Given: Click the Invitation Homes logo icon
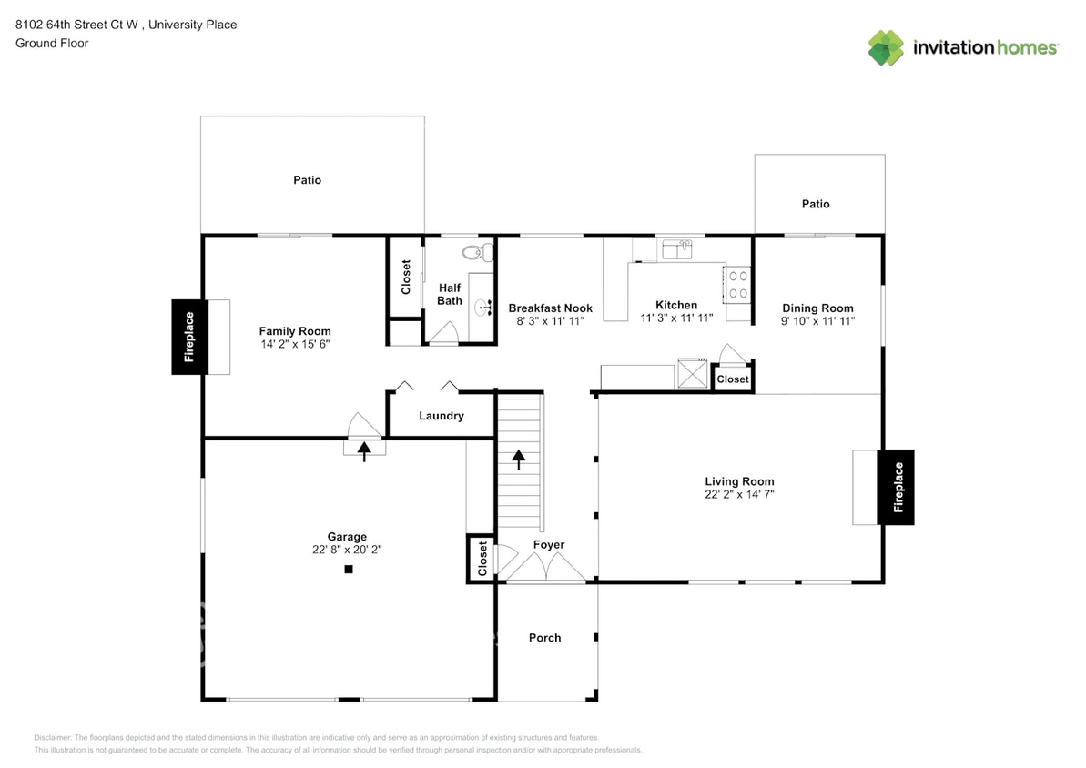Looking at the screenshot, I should pos(886,47).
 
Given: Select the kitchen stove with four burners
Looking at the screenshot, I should pos(737,284).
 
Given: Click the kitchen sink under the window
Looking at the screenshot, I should pos(676,249).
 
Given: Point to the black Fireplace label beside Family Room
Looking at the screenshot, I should pos(189,337).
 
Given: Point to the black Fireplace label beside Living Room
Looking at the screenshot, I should pos(896,487).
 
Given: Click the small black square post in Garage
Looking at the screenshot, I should pos(348,570).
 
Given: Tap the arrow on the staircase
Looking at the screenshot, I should pos(520,460).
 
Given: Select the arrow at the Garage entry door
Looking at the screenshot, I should pos(364,448).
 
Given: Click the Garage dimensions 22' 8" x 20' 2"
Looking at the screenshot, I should pos(348,550).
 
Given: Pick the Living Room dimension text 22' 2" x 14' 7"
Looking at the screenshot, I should pos(739,494).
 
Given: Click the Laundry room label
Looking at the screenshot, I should pos(442,416).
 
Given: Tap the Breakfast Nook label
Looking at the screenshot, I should pos(550,308).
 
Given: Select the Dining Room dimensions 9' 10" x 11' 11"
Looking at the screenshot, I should pos(817,320).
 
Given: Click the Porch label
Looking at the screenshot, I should pos(545,638).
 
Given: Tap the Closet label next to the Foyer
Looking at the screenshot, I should pos(482,559).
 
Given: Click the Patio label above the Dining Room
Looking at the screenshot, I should pos(816,204).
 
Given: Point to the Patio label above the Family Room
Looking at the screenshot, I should pos(307,180).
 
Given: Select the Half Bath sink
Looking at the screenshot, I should pos(482,305).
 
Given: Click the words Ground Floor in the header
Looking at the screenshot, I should pos(52,43).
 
